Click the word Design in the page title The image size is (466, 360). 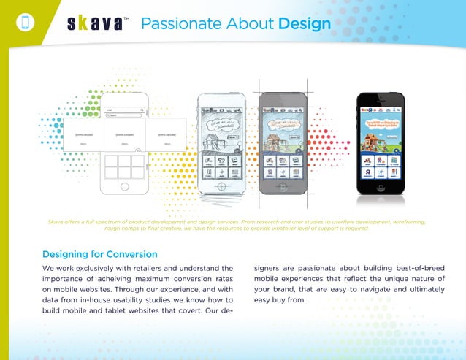click(304, 24)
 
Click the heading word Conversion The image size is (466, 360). click(131, 254)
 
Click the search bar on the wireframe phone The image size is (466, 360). click(124, 115)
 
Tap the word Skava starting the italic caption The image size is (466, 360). click(56, 221)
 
